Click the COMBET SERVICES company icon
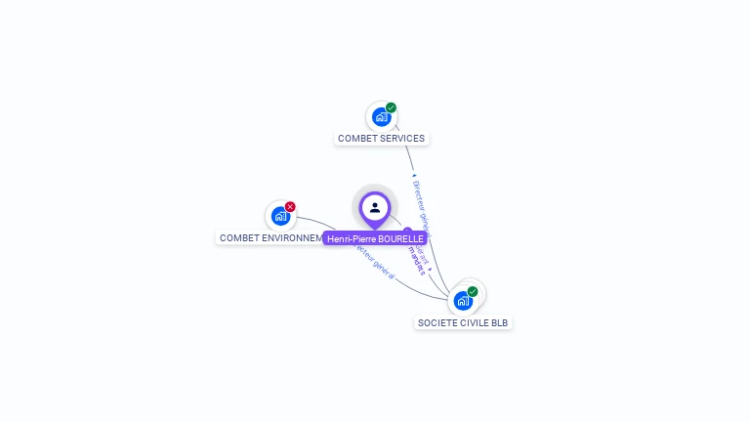coord(381,116)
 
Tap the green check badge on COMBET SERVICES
coord(391,107)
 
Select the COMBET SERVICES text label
coord(381,139)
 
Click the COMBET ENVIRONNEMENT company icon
coord(280,216)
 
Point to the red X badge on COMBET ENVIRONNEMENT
coord(290,207)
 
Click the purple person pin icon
coord(375,207)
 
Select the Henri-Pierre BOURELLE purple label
coord(375,238)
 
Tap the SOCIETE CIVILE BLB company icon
coord(463,300)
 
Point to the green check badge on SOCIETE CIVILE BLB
coord(473,291)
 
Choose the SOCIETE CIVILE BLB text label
coord(463,323)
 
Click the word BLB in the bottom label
coord(499,323)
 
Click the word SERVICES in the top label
coord(402,139)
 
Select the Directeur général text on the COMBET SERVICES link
coord(420,201)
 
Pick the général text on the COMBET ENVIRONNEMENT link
coord(382,267)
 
